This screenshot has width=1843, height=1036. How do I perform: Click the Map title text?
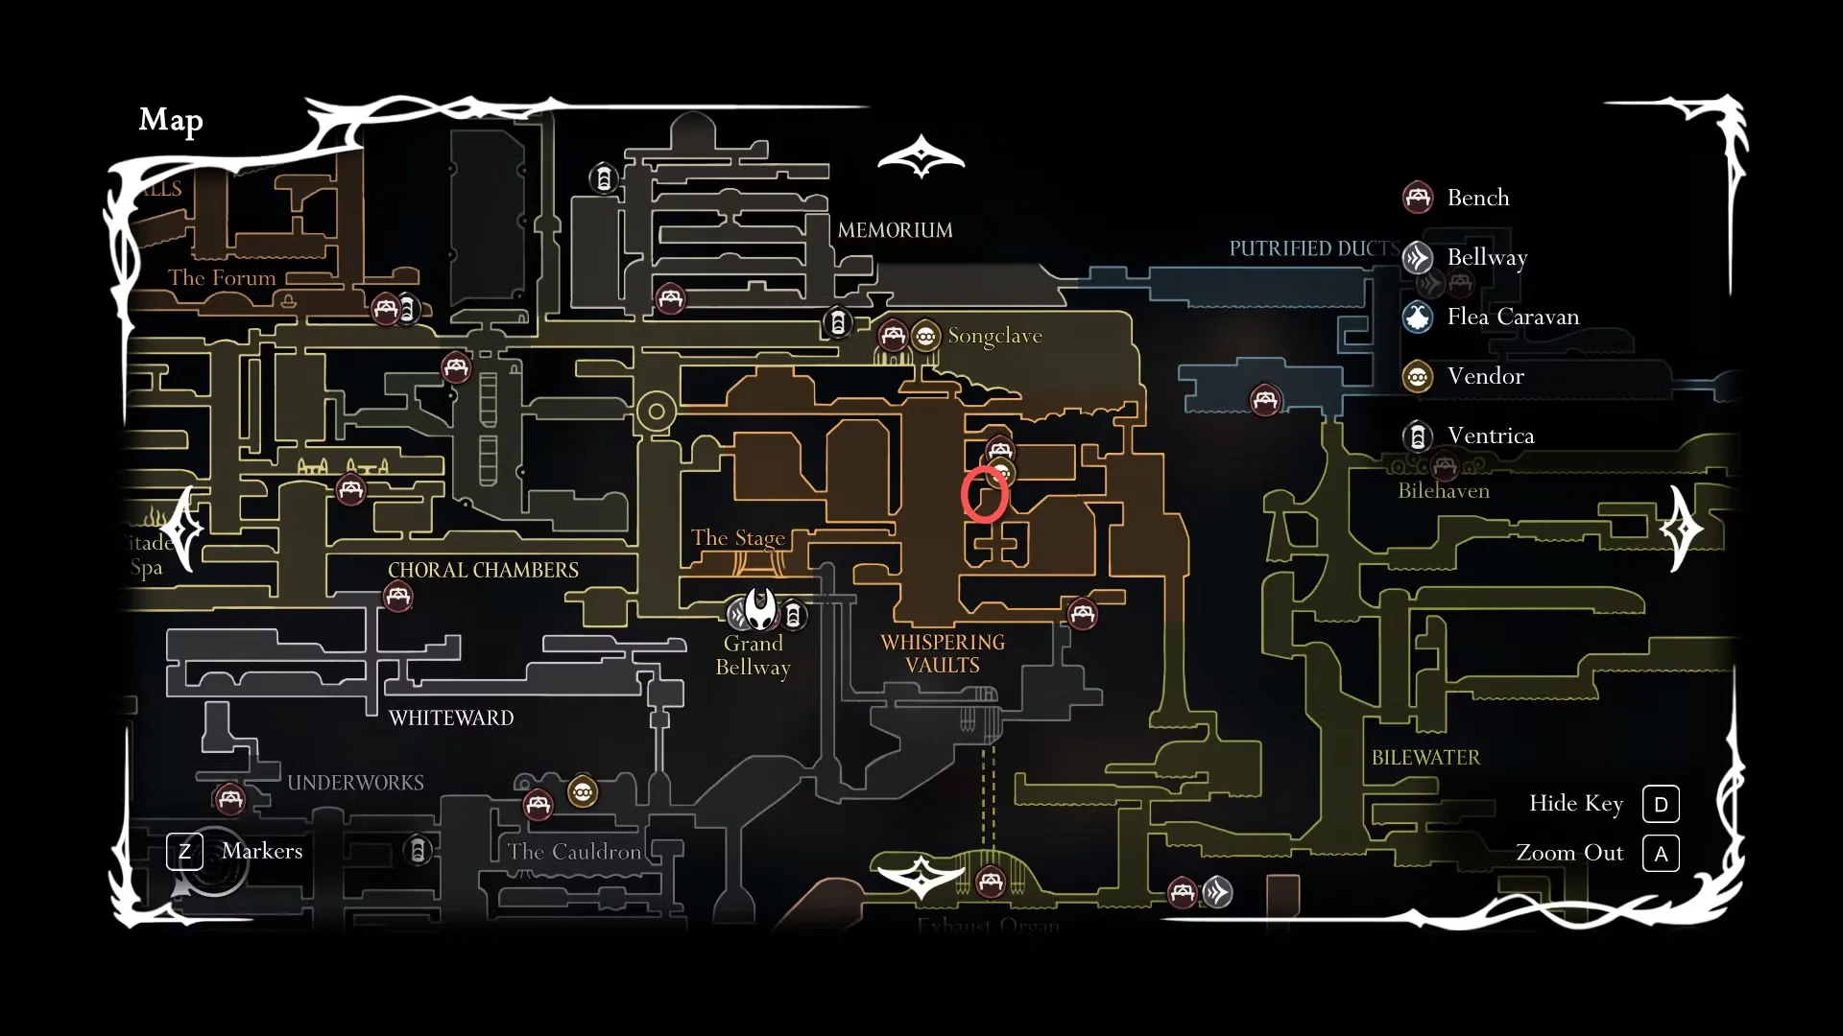point(171,120)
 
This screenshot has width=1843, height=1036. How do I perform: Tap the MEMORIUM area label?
point(895,230)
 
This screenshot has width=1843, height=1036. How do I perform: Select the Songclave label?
point(994,336)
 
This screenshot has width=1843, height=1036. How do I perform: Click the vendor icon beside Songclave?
point(925,337)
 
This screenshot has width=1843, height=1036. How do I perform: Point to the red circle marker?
point(985,494)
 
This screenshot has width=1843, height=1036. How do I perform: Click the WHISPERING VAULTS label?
point(943,653)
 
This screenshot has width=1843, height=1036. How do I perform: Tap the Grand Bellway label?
point(754,655)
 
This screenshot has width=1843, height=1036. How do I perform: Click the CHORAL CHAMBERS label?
point(483,570)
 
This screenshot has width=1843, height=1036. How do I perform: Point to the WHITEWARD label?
point(451,718)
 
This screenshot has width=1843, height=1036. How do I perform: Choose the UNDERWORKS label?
point(355,783)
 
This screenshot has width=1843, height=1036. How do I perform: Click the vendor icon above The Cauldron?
point(583,792)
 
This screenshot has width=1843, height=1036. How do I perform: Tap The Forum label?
point(222,278)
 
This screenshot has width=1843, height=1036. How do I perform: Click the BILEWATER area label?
point(1425,758)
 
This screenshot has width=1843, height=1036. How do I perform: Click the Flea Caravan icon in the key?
point(1418,317)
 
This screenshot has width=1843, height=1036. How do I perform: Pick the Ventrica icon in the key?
point(1418,436)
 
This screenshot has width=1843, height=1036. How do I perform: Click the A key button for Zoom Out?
point(1661,854)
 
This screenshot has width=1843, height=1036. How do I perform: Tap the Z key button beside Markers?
point(184,852)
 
